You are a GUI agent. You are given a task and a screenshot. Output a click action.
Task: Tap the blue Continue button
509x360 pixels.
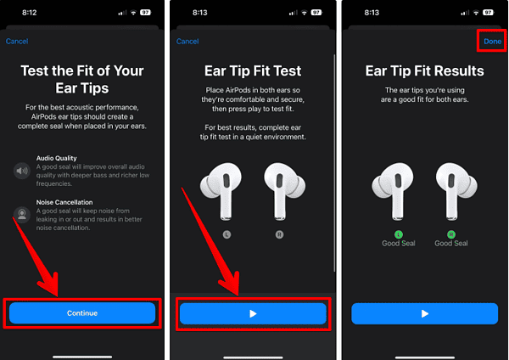82,313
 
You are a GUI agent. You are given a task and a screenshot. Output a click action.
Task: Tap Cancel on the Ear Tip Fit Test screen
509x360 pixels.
187,42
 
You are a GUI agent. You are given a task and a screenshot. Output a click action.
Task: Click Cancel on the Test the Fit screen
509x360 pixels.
17,42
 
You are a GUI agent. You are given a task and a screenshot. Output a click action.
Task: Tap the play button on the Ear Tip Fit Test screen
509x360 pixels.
253,313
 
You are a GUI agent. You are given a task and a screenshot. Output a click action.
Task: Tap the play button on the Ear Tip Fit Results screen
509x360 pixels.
425,313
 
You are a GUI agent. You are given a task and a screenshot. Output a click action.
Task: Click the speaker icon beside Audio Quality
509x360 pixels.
22,171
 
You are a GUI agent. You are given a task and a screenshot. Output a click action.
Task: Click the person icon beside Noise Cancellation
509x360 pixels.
22,215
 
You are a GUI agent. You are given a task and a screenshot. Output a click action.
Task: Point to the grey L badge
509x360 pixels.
227,234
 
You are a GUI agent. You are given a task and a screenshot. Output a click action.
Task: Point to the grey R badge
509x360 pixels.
279,234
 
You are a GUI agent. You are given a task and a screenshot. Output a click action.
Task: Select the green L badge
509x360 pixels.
399,234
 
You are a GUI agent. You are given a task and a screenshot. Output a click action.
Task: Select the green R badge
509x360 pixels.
451,234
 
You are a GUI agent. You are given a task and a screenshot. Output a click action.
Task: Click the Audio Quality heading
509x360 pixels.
57,158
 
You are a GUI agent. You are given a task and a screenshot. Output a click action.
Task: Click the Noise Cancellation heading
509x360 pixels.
64,202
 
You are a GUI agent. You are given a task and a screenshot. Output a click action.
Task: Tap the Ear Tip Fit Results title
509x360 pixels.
425,70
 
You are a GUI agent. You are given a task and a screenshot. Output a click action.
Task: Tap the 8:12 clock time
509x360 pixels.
29,13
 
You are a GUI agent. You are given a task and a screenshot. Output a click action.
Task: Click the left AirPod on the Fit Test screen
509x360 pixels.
221,191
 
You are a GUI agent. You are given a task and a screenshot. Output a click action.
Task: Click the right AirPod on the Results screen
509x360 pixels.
456,191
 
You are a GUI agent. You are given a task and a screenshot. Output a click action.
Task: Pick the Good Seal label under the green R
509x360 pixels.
451,243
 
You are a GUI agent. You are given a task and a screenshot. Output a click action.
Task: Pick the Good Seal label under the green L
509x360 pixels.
399,243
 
